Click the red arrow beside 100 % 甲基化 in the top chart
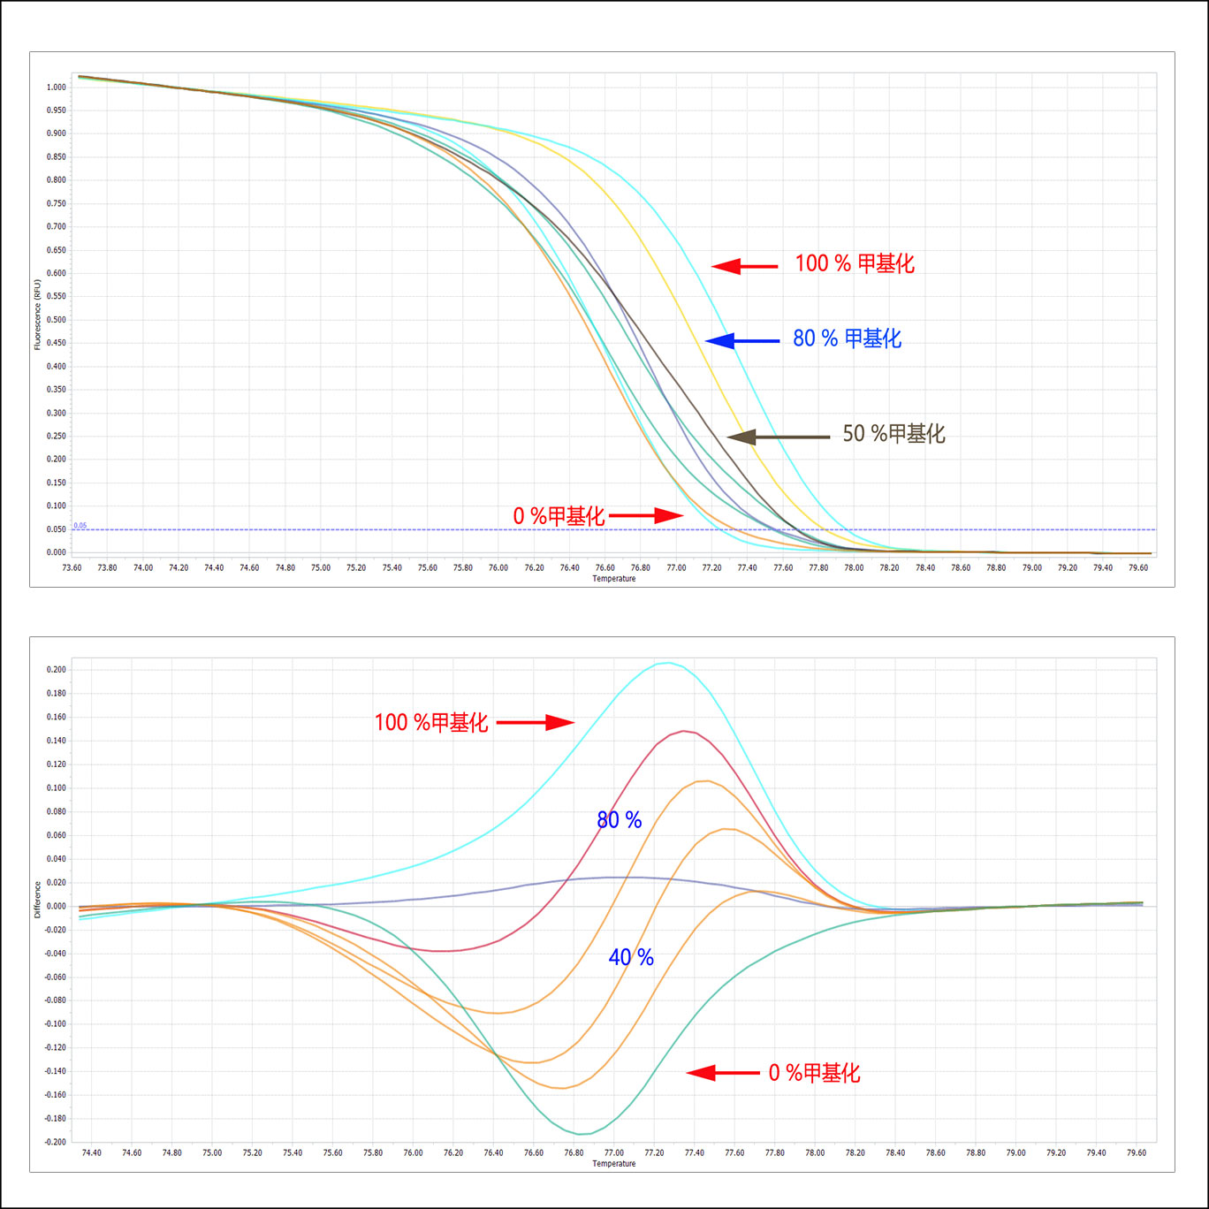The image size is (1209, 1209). pyautogui.click(x=744, y=265)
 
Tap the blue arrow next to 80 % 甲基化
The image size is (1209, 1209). pyautogui.click(x=742, y=340)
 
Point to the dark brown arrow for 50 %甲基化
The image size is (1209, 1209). pyautogui.click(x=778, y=437)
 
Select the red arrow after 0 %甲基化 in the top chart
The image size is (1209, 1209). pyautogui.click(x=646, y=515)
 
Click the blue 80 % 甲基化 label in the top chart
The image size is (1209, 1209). pyautogui.click(x=847, y=338)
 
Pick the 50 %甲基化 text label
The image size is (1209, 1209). pyautogui.click(x=893, y=433)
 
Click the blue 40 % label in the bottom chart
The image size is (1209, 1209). pyautogui.click(x=631, y=957)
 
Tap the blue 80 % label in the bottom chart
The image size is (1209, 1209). pyautogui.click(x=620, y=820)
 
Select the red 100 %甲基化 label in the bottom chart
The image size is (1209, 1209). pyautogui.click(x=431, y=723)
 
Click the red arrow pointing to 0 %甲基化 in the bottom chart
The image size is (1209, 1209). pyautogui.click(x=722, y=1073)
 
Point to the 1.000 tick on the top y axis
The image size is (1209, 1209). pyautogui.click(x=57, y=87)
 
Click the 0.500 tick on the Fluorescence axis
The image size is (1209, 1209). pyautogui.click(x=57, y=320)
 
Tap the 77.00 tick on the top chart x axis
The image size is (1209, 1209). pyautogui.click(x=676, y=568)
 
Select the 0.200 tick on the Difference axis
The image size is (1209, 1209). pyautogui.click(x=57, y=670)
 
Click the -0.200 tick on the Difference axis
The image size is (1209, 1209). pyautogui.click(x=56, y=1142)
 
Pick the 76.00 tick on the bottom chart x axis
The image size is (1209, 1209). pyautogui.click(x=413, y=1153)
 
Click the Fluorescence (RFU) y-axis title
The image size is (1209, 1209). pyautogui.click(x=38, y=316)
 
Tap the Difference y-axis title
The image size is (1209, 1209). pyautogui.click(x=38, y=899)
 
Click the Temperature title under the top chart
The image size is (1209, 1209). pyautogui.click(x=614, y=579)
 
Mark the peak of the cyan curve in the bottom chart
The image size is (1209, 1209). pyautogui.click(x=666, y=663)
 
